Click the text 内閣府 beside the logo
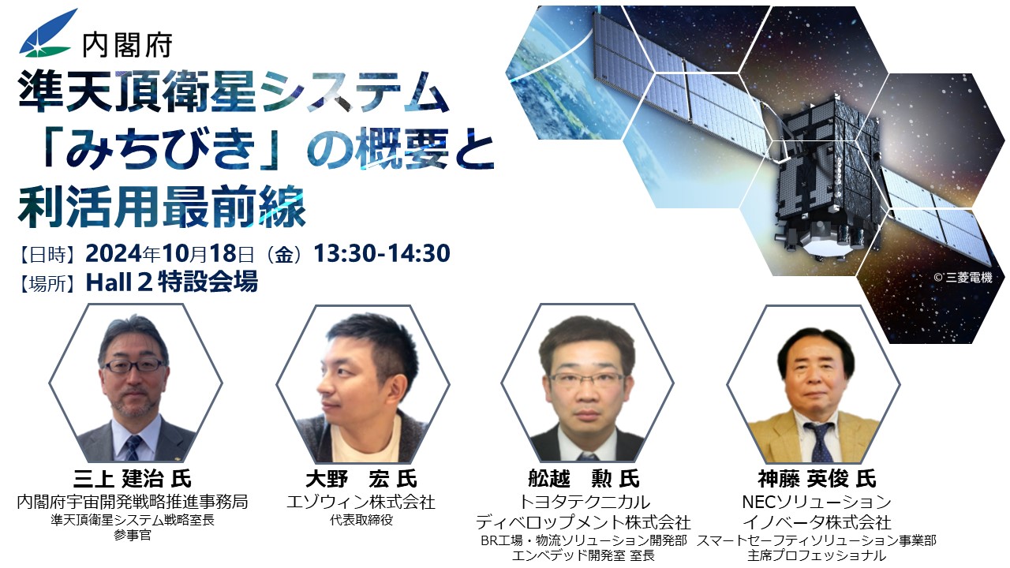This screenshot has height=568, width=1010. pyautogui.click(x=127, y=45)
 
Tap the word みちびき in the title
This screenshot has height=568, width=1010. pyautogui.click(x=160, y=148)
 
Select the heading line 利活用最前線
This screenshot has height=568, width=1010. pyautogui.click(x=163, y=207)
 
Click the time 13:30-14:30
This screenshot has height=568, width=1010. pyautogui.click(x=382, y=253)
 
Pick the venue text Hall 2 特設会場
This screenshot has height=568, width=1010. pyautogui.click(x=172, y=282)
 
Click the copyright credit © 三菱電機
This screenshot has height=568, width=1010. pyautogui.click(x=963, y=277)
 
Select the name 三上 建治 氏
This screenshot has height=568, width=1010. pyautogui.click(x=132, y=479)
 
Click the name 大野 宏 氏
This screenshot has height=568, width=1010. pyautogui.click(x=361, y=479)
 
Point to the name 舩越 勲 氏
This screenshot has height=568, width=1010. pyautogui.click(x=584, y=479)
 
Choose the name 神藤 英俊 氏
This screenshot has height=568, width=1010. pyautogui.click(x=817, y=479)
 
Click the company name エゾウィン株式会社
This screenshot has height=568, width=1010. pyautogui.click(x=361, y=502)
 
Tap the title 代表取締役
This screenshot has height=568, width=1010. pyautogui.click(x=361, y=520)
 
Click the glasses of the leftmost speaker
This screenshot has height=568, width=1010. pyautogui.click(x=134, y=364)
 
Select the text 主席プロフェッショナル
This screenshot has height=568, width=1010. pyautogui.click(x=817, y=555)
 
